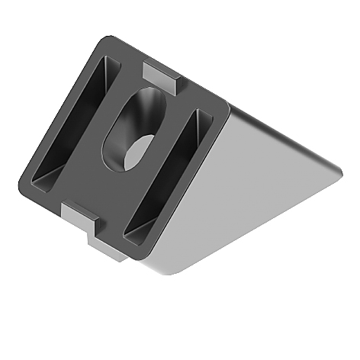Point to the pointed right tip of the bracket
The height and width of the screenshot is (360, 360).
[x=337, y=175]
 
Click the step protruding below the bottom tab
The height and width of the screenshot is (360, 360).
[x=103, y=248]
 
